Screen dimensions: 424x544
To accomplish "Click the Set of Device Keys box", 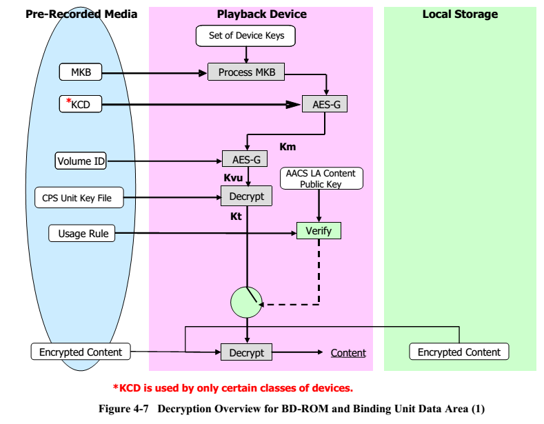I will (x=246, y=35).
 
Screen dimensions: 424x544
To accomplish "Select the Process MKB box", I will (x=245, y=72).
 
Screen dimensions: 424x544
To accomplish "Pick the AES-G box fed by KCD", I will (x=325, y=105).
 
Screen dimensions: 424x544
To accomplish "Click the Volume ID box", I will (x=81, y=161).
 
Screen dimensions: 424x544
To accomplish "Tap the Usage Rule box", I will (x=81, y=233).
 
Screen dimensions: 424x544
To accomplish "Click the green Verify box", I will (x=319, y=231).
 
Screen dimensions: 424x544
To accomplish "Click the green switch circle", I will (x=246, y=301).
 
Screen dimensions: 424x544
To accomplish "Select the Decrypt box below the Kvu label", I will (x=245, y=197).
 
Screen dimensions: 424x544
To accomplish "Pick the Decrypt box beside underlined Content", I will (x=245, y=352).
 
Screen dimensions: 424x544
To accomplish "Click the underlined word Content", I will (x=348, y=353).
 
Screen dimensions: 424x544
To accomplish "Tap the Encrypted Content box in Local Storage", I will (x=459, y=352).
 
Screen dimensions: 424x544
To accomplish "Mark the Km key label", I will (x=288, y=146).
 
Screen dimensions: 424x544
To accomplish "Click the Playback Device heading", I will (x=261, y=14).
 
